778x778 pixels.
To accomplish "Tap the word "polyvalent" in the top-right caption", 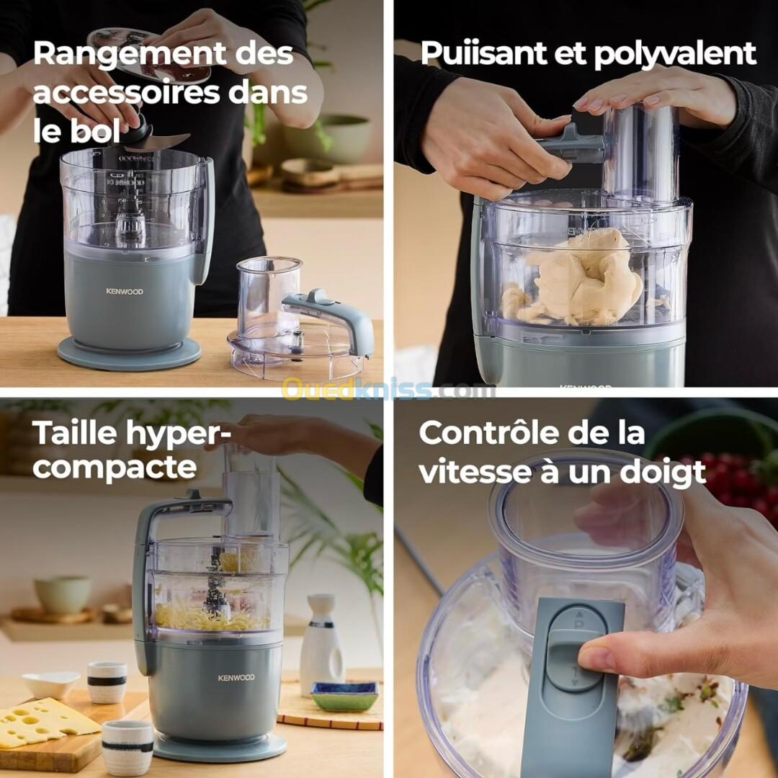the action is tap(675, 53).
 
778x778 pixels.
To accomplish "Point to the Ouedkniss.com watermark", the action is tap(388, 388).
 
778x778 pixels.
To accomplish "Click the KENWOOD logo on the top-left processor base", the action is tap(125, 291).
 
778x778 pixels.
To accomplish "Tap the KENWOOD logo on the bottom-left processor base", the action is tap(236, 677).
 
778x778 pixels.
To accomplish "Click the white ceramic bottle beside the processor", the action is tap(321, 638).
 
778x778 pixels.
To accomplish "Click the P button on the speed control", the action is tap(578, 622).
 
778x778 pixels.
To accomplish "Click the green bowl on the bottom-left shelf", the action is tap(63, 595).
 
